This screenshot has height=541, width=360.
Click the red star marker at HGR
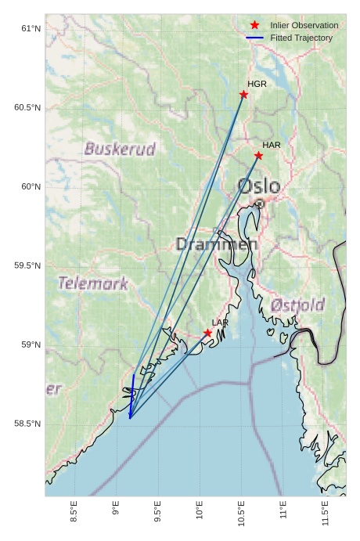pyautogui.click(x=243, y=95)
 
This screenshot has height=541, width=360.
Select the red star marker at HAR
pyautogui.click(x=258, y=156)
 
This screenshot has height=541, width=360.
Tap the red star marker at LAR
pyautogui.click(x=207, y=333)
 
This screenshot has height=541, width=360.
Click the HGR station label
pyautogui.click(x=257, y=84)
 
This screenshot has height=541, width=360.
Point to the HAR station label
pyautogui.click(x=272, y=146)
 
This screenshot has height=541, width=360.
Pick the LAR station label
pyautogui.click(x=220, y=323)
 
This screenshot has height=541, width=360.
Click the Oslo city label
pyautogui.click(x=258, y=186)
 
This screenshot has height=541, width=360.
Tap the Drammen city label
pyautogui.click(x=216, y=244)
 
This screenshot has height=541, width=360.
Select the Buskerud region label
pyautogui.click(x=120, y=149)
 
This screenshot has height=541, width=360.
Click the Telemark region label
pyautogui.click(x=92, y=283)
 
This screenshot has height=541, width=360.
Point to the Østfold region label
pyautogui.click(x=297, y=304)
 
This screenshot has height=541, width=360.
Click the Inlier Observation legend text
pyautogui.click(x=304, y=26)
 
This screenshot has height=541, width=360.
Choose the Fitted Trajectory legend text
pyautogui.click(x=301, y=38)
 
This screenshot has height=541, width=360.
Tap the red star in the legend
pyautogui.click(x=254, y=26)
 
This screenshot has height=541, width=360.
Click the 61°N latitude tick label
pyautogui.click(x=30, y=29)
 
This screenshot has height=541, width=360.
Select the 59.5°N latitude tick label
pyautogui.click(x=27, y=266)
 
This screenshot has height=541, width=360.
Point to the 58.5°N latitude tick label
pyautogui.click(x=27, y=424)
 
